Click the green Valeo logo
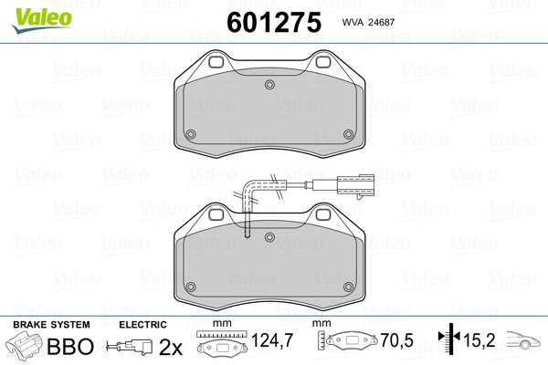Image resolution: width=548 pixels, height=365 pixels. coord(42,20)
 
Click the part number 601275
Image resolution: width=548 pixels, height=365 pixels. coord(274,22)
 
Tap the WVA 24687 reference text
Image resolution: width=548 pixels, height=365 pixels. coord(368,22)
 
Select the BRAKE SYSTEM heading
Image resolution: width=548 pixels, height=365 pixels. coord(51,325)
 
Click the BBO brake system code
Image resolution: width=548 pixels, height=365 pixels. coord(70,346)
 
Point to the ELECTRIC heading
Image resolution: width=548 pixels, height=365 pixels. coord(142,325)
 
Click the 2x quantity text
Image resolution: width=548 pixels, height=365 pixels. coord(171,347)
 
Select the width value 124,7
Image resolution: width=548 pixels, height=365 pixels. coord(272,340)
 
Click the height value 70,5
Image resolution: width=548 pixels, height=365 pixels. coord(396,340)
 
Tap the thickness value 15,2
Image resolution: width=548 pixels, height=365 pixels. coord(479,340)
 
